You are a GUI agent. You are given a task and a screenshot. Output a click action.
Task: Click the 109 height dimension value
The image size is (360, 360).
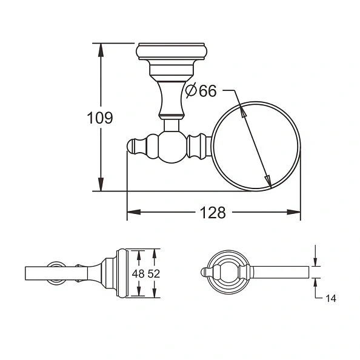(100, 118)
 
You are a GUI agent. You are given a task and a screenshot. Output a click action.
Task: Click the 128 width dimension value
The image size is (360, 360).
(213, 213)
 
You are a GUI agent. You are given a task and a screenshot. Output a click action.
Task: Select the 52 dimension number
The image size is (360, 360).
(153, 274)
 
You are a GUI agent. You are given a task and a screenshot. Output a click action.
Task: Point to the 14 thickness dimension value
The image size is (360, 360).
(330, 298)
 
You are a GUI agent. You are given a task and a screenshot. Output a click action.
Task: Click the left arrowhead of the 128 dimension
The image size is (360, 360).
(133, 213)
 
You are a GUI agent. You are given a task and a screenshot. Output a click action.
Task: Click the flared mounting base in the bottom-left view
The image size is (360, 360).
(115, 273)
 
